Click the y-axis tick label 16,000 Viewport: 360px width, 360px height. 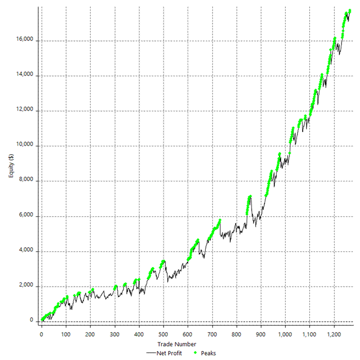click(25, 40)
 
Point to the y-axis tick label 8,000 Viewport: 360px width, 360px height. click(26, 181)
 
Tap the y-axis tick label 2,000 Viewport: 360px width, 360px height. click(26, 286)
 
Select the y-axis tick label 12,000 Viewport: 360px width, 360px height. click(25, 111)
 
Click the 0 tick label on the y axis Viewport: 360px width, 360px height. click(32, 321)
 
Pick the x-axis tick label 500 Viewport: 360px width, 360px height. click(163, 334)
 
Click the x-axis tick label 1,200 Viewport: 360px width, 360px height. click(334, 334)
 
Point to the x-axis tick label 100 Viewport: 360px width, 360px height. click(66, 334)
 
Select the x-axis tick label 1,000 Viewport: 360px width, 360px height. click(285, 334)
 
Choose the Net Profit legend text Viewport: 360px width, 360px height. click(169, 353)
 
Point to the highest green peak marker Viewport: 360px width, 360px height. click(350, 11)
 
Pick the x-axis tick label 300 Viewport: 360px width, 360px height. click(114, 334)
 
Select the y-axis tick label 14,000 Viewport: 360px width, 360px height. click(25, 76)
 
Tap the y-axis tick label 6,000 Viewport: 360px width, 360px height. click(26, 216)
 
